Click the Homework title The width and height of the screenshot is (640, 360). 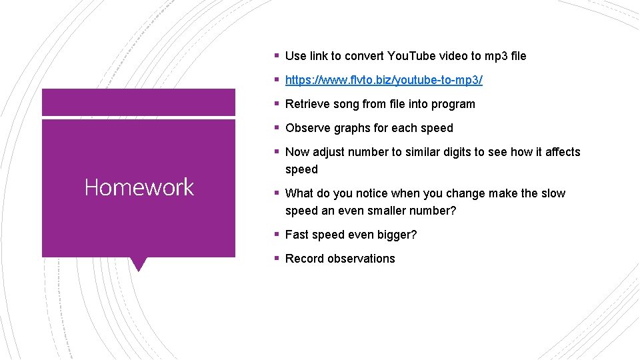point(139,187)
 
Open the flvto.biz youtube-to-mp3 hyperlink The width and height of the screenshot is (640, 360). point(383,80)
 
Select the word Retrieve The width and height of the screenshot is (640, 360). point(306,104)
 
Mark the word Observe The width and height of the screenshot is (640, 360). point(307,128)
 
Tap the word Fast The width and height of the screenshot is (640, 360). point(297,235)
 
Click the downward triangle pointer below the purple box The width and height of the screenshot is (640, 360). point(139,263)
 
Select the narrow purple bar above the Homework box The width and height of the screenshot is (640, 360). point(139,102)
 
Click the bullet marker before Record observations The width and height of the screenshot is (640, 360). point(276,259)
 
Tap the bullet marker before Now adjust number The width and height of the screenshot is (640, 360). point(276,152)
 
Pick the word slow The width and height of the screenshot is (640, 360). point(553,193)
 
